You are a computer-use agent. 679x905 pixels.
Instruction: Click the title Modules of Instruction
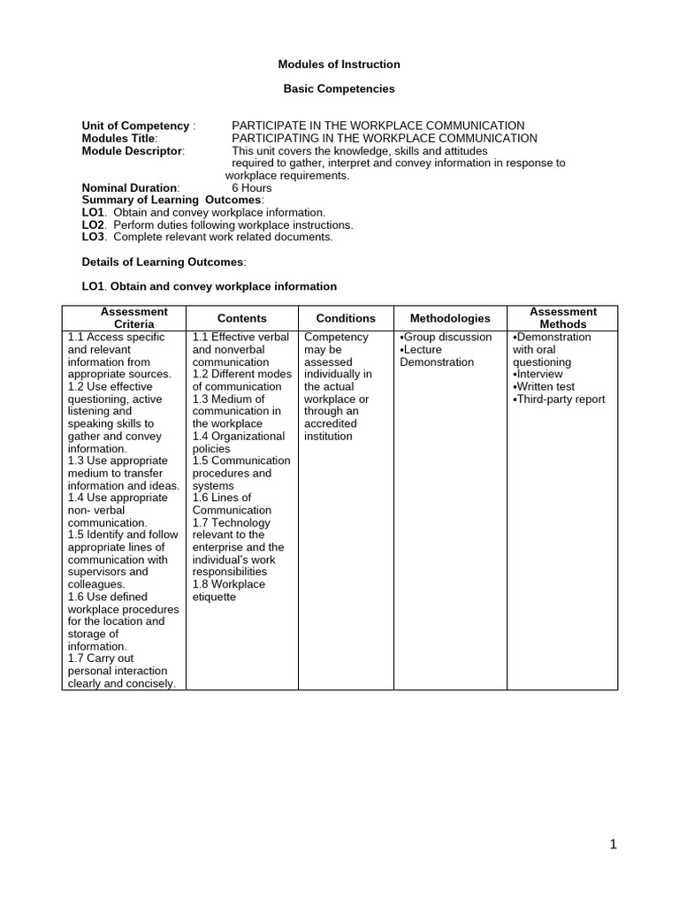(339, 65)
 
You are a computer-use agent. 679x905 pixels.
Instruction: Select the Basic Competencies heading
(339, 89)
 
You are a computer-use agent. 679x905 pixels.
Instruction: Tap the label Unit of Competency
(138, 125)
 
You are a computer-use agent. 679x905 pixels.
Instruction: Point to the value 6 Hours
(252, 187)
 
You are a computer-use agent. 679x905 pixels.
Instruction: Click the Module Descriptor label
(134, 150)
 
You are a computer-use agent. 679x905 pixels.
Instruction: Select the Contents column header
(241, 318)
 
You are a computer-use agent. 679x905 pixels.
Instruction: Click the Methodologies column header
(450, 318)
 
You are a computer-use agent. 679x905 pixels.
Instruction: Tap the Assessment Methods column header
(563, 318)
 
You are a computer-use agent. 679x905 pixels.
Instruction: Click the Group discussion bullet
(446, 338)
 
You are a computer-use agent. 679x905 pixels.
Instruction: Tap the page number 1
(613, 845)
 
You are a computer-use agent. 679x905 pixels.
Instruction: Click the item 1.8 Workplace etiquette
(229, 590)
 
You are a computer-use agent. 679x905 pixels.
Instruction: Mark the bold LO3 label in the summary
(93, 237)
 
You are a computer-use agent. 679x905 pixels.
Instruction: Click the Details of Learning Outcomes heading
(164, 262)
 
